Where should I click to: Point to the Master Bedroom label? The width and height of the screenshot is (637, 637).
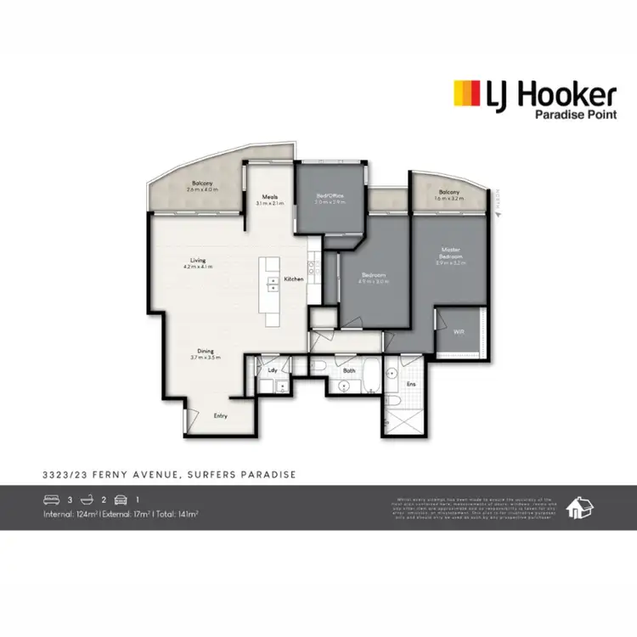pos(450,252)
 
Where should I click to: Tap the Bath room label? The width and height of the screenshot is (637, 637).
pos(348,370)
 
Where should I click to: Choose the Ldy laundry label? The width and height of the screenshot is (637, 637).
pos(273,370)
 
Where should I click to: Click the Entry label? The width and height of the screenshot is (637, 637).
pos(220,415)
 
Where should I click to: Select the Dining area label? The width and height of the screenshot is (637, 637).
pos(206,351)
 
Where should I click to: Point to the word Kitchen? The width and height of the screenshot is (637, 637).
pos(294,279)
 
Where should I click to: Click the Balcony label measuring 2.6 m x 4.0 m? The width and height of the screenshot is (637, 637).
pos(201,184)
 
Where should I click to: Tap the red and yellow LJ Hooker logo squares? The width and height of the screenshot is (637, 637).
pos(465,92)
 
